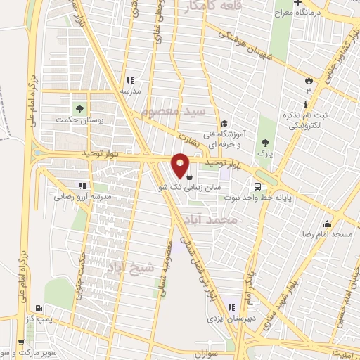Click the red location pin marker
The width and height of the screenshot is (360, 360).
tap(181, 166)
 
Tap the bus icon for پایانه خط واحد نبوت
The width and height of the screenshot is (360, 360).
tap(259, 187)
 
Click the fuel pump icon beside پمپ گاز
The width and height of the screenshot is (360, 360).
tap(37, 309)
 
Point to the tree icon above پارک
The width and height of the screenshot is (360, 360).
tap(264, 141)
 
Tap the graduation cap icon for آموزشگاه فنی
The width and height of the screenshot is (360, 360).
tap(223, 124)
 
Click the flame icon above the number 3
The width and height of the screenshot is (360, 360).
tap(307, 79)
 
